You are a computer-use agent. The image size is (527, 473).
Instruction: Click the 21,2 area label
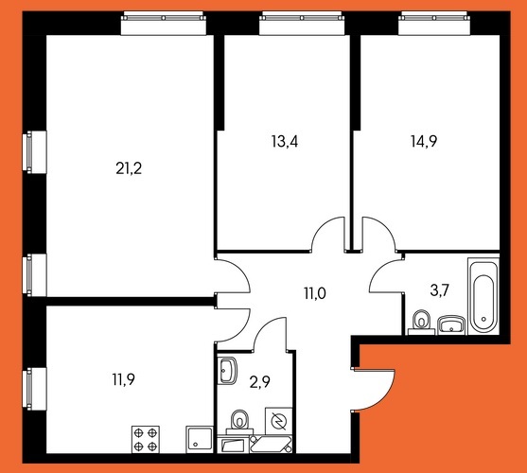coord(129,168)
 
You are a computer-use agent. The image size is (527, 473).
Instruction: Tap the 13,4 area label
coord(285,142)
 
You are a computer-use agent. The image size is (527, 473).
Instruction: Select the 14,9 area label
coord(424,142)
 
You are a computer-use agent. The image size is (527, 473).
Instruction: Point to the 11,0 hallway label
coord(315,293)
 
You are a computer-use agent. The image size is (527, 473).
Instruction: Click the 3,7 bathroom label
coord(440,290)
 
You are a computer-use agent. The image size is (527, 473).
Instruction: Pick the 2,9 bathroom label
coord(260,382)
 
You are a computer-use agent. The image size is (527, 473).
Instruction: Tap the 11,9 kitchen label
coord(123,380)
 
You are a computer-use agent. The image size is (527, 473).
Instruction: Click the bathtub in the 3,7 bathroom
coord(483,297)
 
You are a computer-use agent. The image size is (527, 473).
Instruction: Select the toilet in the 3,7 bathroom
coord(422,324)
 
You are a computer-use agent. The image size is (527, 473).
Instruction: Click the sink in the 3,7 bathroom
coord(451,325)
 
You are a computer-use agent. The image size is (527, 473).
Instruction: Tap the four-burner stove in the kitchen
coord(146,439)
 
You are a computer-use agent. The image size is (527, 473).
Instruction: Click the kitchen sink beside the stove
coord(200,440)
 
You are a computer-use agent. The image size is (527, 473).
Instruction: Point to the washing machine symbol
coord(278,421)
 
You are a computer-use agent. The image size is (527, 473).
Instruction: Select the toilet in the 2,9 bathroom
coord(239,422)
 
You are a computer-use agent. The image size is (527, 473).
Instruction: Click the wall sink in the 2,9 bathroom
coord(228,371)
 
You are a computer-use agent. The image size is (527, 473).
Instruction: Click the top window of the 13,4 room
coord(302,23)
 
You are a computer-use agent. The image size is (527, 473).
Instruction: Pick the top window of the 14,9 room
coord(434,23)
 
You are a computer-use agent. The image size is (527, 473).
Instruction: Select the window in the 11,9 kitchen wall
coord(34,389)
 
